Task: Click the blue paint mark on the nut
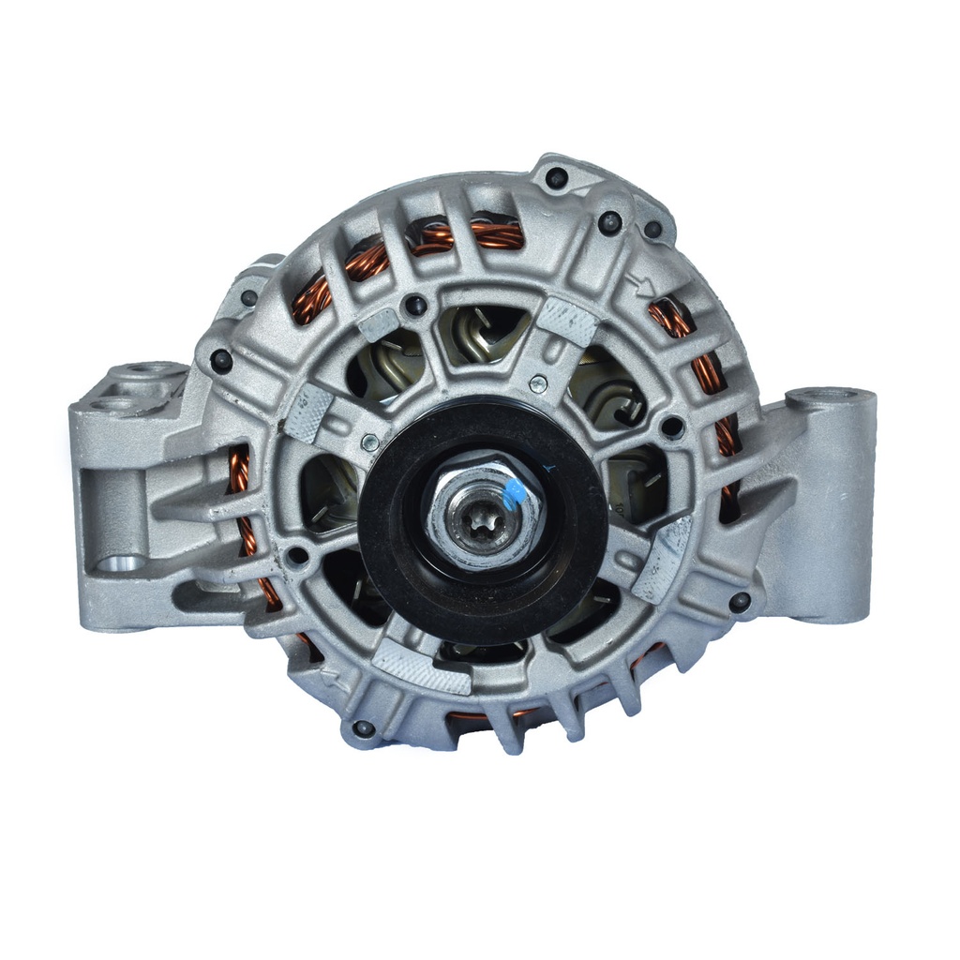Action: (514, 493)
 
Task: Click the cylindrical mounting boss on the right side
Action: (831, 506)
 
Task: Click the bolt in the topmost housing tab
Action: (557, 177)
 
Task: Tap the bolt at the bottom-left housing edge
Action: (363, 728)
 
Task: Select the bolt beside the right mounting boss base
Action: (740, 601)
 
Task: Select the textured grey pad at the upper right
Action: (566, 322)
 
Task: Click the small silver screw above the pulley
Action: (538, 382)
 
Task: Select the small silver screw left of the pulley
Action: (371, 442)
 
